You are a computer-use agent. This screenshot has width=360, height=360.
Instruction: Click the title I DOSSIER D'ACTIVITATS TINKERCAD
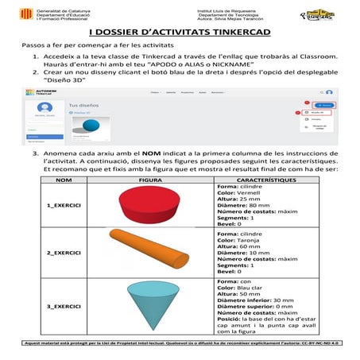click(179, 34)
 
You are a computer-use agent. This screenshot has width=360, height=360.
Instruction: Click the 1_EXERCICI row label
click(64, 208)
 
